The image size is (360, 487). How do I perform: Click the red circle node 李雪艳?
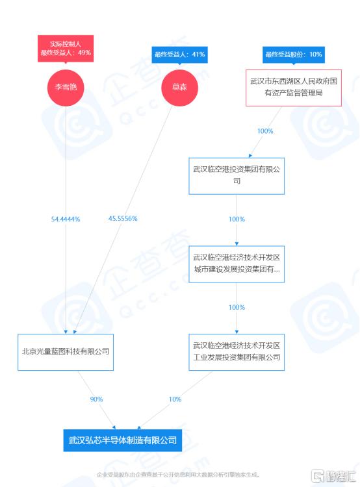coord(66,88)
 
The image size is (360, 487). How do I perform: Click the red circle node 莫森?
coord(179,88)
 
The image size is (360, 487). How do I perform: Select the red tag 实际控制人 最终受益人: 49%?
coord(66,49)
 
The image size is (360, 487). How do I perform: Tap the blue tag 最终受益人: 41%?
coord(179,55)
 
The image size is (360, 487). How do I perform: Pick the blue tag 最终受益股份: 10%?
coord(294,55)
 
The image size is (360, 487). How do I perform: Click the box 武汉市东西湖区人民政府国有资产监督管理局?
coord(294,88)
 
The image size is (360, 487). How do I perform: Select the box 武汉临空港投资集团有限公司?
coord(237,176)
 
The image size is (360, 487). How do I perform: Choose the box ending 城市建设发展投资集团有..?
coord(237,264)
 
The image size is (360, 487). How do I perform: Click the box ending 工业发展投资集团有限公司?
coord(237,352)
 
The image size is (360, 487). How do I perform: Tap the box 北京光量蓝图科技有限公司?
coord(66,352)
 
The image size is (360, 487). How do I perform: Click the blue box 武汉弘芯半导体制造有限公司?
coord(122,440)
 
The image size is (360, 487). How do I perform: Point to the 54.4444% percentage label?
coord(66,219)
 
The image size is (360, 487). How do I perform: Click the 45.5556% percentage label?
coord(123,219)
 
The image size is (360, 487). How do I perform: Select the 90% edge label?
coord(96,399)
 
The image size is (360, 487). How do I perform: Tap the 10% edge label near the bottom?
coord(175,399)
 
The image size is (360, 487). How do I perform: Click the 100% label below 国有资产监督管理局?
coord(265,131)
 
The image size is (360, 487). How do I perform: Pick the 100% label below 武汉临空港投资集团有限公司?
coord(237,219)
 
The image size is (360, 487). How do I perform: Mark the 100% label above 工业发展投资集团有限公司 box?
coord(237,308)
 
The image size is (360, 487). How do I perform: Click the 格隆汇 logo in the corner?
coord(333,476)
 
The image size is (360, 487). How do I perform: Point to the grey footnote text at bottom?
coord(178,475)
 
